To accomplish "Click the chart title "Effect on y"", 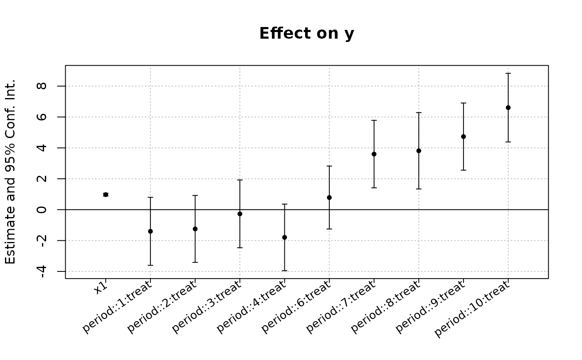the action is click(x=307, y=34).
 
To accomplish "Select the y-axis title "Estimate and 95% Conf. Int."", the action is click(x=10, y=172).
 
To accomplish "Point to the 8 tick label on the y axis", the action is click(x=42, y=86).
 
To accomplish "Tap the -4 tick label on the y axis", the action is click(x=42, y=272).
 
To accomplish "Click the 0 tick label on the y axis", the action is click(x=42, y=210).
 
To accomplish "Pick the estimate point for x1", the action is click(x=106, y=195).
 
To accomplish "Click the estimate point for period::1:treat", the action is click(x=150, y=231).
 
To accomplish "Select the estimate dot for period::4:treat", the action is click(x=284, y=237).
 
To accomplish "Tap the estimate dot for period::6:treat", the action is click(x=329, y=197).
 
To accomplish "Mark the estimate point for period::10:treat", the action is click(x=508, y=108).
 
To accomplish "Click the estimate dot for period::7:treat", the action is click(x=374, y=154).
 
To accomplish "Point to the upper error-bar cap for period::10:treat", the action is click(x=508, y=73).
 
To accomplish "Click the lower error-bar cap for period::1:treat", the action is click(x=150, y=265).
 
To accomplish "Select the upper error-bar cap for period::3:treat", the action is click(x=240, y=180).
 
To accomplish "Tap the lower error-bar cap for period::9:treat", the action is click(x=464, y=170).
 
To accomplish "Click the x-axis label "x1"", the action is click(x=101, y=288).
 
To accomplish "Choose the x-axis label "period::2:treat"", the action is click(x=162, y=307).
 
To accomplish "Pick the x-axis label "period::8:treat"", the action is click(x=385, y=307).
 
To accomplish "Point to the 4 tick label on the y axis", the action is click(x=42, y=148).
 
